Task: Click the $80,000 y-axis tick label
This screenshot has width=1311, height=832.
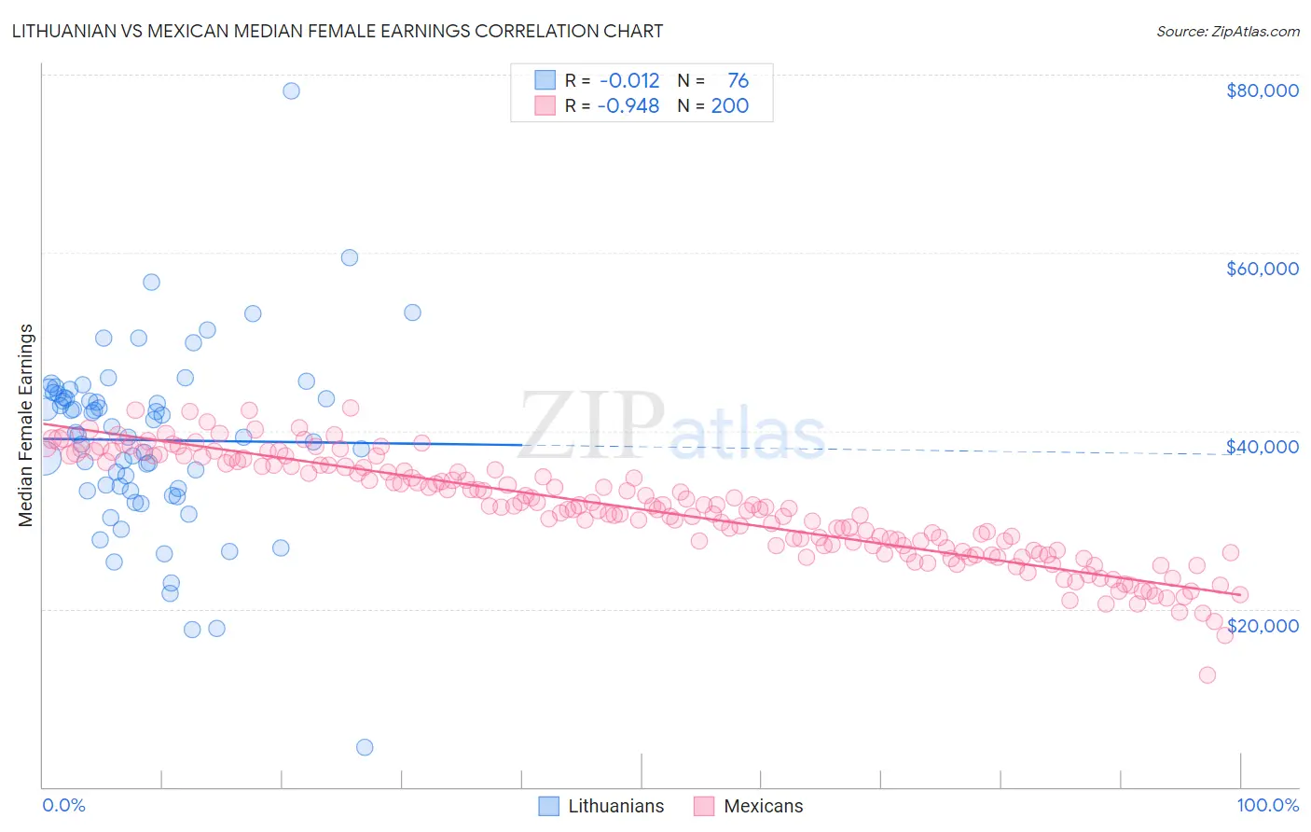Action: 1262,90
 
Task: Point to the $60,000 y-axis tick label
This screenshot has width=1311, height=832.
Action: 1262,269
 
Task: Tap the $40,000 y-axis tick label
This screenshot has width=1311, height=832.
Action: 1262,447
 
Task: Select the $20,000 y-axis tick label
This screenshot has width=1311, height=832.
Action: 1262,625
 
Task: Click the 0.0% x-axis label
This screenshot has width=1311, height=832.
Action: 63,806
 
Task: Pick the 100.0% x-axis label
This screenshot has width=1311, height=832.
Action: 1267,806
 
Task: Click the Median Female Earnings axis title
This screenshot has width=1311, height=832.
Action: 26,425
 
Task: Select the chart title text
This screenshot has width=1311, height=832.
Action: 338,31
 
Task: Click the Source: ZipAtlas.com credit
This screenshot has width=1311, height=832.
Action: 1227,31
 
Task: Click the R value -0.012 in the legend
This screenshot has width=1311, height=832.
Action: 629,81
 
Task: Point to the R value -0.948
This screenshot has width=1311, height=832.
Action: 629,106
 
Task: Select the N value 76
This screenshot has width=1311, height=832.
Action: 738,81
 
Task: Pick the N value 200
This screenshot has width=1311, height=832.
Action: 729,106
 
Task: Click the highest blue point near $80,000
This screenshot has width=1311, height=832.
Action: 291,90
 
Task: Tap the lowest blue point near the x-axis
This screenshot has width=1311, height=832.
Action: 365,747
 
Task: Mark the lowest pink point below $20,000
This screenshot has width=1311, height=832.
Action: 1207,674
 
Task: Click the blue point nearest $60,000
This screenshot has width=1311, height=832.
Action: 350,257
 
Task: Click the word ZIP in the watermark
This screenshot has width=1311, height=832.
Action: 591,425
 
